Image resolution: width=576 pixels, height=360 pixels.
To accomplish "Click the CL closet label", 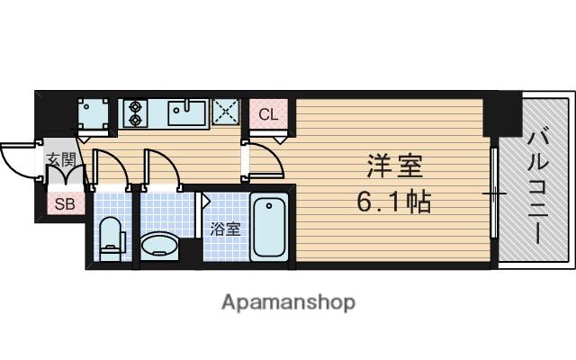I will [268, 114].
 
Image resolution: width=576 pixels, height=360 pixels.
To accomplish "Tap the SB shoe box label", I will [65, 204].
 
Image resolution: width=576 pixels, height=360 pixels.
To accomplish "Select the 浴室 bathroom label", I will [225, 228].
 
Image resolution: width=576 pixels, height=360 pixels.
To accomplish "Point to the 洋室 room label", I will [393, 167].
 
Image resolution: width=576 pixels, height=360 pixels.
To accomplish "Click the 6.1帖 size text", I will [393, 201].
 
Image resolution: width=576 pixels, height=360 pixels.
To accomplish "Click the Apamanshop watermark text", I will [288, 302].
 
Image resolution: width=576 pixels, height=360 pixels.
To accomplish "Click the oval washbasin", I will [161, 244].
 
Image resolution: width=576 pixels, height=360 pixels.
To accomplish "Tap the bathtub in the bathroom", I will [268, 226].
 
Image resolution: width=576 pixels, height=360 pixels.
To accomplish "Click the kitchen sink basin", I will [187, 112].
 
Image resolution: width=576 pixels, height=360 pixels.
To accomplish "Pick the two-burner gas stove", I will [135, 111].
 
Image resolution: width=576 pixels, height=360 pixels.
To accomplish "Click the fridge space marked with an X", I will [225, 112].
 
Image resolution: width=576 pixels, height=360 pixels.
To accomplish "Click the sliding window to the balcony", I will [494, 193].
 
